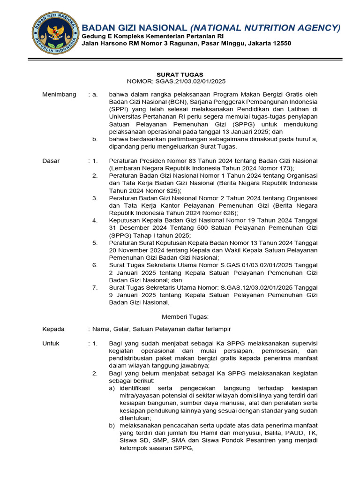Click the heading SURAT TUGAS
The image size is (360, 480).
180,75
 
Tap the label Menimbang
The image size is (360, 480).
59,95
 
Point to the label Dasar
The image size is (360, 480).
51,161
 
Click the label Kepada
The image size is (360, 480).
53,329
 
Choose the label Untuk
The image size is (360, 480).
51,344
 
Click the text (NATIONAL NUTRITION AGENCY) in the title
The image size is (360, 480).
265,28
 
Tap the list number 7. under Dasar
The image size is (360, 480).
95,287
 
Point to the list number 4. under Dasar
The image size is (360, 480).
95,220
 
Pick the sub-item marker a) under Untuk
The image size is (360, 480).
112,388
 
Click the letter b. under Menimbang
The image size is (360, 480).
95,139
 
